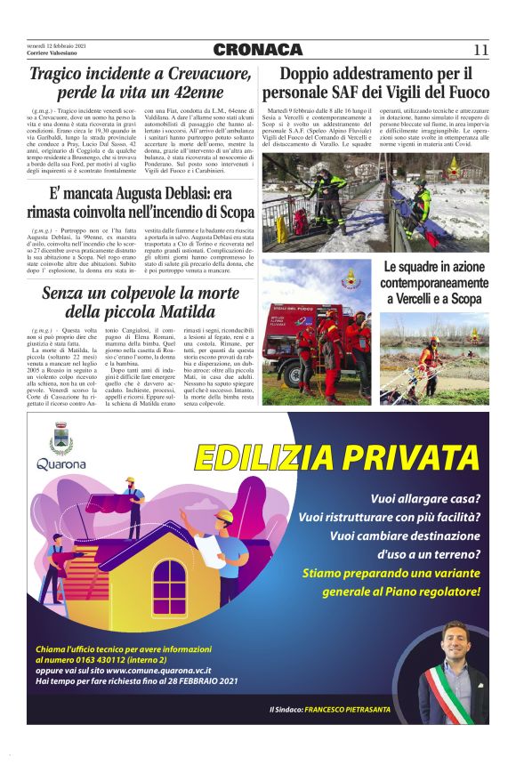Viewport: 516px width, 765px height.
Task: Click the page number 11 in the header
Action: [x=480, y=50]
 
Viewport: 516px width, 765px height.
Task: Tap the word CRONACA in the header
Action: [x=258, y=50]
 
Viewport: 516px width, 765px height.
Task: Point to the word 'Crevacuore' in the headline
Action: [x=185, y=74]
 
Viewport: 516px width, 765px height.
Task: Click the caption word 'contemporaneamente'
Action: [x=436, y=283]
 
